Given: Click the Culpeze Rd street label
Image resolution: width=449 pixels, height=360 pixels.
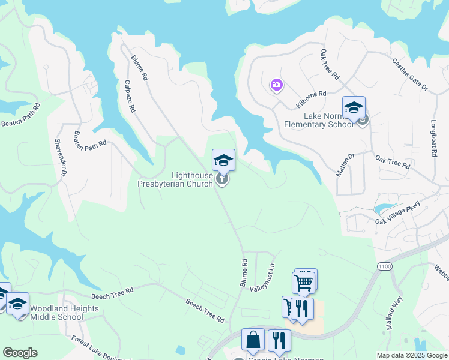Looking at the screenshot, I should [131, 97].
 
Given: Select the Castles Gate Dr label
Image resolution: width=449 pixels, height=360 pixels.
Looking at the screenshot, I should [410, 74].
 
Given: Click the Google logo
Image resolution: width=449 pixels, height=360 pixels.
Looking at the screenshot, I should [20, 353].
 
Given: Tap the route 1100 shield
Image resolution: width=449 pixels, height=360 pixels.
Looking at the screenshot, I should [385, 265].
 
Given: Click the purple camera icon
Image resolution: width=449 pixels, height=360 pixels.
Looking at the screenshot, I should [276, 85].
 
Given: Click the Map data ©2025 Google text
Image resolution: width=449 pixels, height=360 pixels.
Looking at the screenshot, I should [411, 355].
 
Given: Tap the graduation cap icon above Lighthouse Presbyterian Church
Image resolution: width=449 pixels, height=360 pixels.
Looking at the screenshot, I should [223, 160].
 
